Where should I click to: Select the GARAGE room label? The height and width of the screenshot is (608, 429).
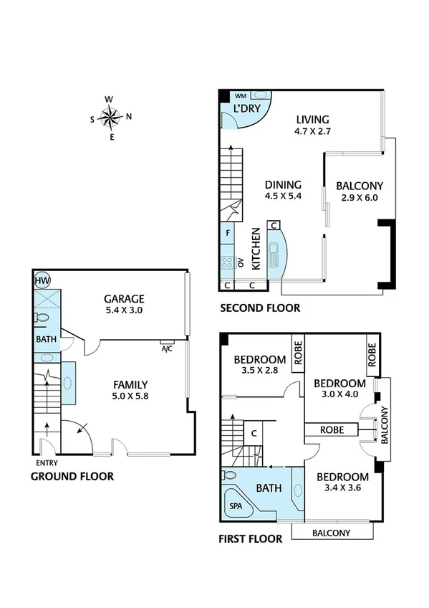(x=124, y=298)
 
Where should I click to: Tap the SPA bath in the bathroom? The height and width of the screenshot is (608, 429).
(x=234, y=506)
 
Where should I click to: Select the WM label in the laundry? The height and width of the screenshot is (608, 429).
(x=241, y=95)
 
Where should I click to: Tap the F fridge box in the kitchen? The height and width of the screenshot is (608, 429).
(x=228, y=233)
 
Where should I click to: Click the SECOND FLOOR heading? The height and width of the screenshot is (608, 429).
(x=259, y=308)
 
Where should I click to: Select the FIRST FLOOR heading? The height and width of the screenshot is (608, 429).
(x=249, y=538)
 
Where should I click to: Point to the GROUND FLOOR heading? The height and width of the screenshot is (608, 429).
(x=72, y=476)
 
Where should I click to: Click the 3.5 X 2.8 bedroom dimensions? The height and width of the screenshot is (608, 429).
(x=261, y=371)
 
